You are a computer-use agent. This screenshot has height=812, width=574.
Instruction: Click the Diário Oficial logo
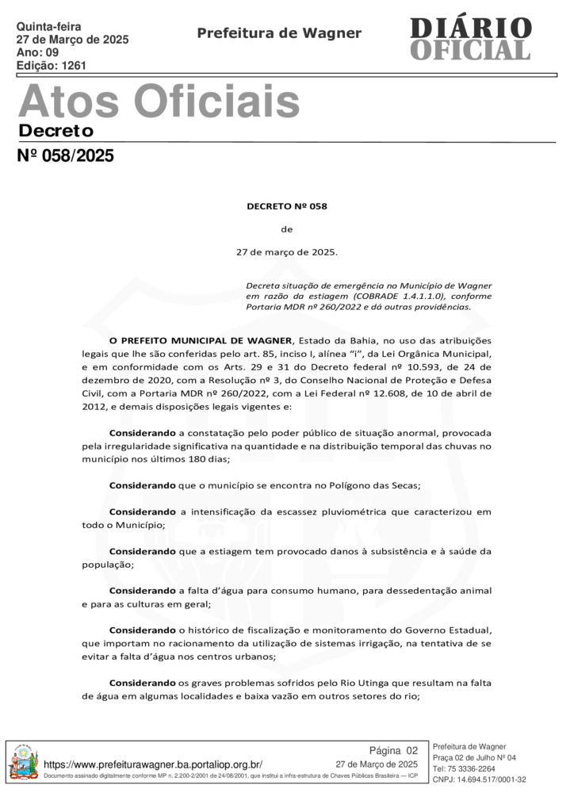(x=470, y=38)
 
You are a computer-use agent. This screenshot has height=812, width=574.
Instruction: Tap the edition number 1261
(x=74, y=66)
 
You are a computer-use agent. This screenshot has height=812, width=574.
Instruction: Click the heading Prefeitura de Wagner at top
(x=279, y=33)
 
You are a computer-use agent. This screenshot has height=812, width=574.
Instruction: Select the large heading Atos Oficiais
(x=159, y=101)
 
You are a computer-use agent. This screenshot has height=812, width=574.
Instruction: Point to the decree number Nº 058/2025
(x=66, y=156)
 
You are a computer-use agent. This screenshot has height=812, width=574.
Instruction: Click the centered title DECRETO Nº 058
(x=287, y=206)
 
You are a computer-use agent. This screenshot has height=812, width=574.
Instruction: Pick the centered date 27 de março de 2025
(x=287, y=253)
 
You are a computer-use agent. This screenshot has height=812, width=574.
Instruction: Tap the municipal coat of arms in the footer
(x=23, y=763)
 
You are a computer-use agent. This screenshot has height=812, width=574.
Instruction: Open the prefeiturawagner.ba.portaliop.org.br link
(x=153, y=764)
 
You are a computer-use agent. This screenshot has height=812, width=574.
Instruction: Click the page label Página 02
(x=393, y=750)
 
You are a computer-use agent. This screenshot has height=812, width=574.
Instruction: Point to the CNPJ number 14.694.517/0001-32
(x=492, y=779)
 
